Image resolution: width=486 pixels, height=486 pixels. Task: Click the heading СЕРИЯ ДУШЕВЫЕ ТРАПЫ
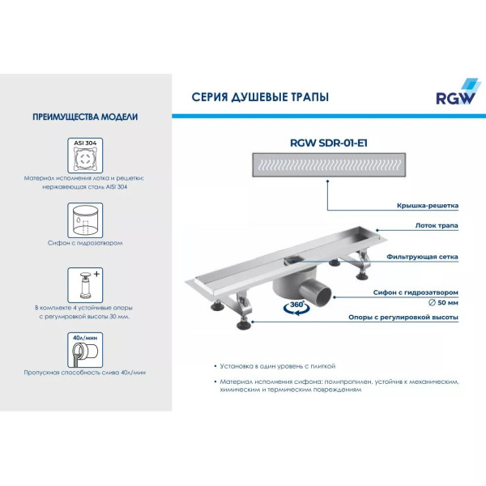point(259,96)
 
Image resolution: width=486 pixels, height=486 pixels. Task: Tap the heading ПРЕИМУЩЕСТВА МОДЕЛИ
point(85,117)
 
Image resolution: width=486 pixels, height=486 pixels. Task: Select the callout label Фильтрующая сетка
point(427,256)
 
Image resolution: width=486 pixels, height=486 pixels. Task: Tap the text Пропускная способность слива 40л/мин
point(85,372)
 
